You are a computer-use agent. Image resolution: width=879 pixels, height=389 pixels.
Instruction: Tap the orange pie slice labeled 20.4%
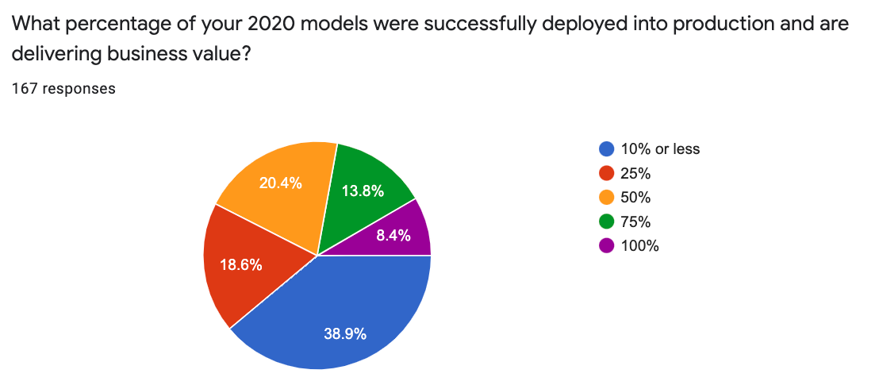click(x=278, y=191)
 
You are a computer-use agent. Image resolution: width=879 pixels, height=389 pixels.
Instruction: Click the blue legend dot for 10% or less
click(x=607, y=148)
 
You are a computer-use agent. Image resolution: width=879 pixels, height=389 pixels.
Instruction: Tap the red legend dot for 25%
click(x=607, y=173)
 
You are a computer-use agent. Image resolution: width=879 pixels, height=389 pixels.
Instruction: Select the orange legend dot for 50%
click(x=607, y=197)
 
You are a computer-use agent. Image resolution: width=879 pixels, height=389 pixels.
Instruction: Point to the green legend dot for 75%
click(x=607, y=221)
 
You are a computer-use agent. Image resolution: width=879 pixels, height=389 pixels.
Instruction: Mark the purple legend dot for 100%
click(x=607, y=245)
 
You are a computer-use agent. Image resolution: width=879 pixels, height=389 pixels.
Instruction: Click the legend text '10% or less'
click(x=660, y=148)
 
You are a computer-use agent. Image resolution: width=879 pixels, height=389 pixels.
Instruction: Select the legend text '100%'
click(x=639, y=245)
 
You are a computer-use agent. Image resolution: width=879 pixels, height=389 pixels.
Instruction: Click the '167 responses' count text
click(x=63, y=88)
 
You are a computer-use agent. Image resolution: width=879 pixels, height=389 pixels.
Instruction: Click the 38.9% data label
click(x=345, y=334)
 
